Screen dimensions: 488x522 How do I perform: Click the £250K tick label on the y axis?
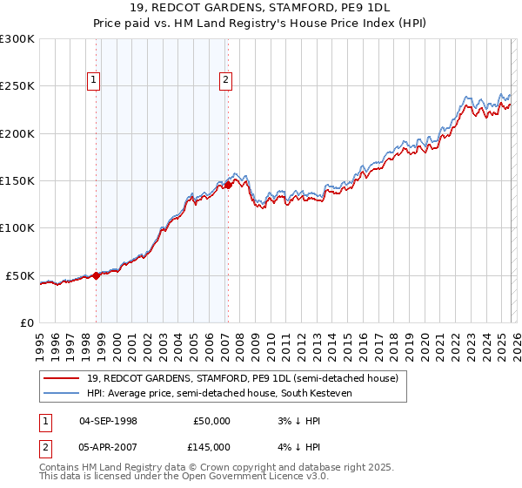[17, 86]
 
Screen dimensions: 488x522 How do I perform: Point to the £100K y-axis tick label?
[17, 228]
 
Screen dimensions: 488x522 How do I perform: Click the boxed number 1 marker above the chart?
[94, 80]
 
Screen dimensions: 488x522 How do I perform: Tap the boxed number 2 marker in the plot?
[225, 80]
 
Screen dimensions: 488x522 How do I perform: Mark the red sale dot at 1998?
[96, 275]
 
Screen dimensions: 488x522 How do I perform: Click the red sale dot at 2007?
[228, 185]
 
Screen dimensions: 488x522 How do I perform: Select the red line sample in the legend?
[62, 378]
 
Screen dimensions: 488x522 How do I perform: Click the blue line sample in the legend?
[62, 393]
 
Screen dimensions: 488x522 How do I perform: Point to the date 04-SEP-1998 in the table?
[108, 421]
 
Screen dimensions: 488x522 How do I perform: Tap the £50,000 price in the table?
[211, 421]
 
